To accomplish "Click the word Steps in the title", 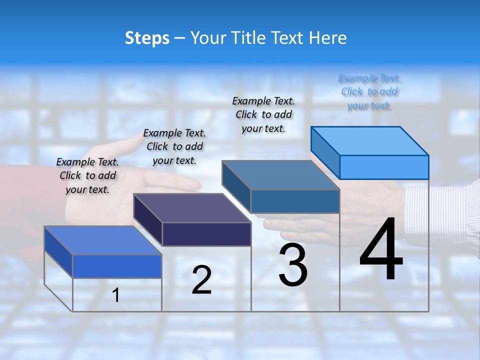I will pos(147,38).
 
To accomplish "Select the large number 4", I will pos(381,249).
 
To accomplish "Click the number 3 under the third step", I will pos(293,265).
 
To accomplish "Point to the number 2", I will pos(201,280).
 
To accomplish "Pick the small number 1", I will pos(116,295).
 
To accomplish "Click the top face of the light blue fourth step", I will pos(370,140).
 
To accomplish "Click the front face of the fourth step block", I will pos(384,167).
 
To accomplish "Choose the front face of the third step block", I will pos(295,201).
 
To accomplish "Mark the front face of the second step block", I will pos(206,234).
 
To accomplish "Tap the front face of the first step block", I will pos(117,266).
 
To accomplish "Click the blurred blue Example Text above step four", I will pos(369,92).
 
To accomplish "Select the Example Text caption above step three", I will pos(264,114).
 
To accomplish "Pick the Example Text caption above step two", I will pos(174,146).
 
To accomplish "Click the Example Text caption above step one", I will pos(87,175).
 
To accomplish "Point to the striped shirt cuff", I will pos(440,215).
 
